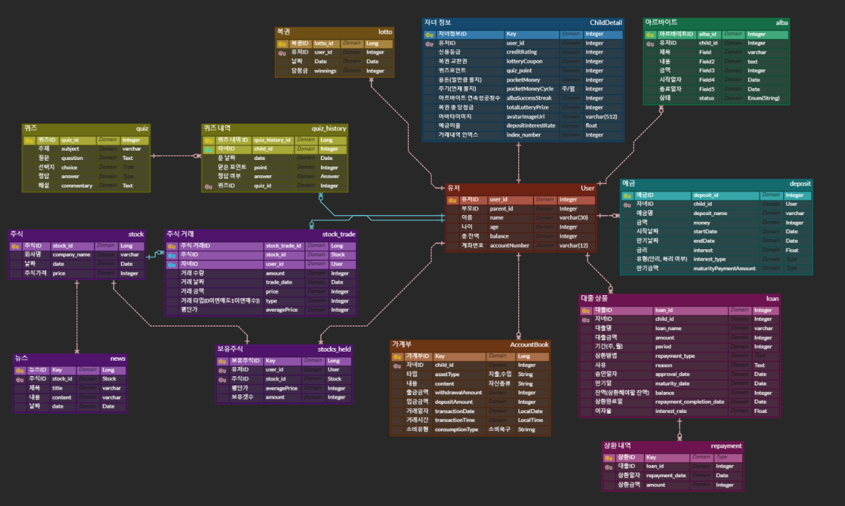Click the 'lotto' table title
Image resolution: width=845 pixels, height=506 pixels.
(385, 31)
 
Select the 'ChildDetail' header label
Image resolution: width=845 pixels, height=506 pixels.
(606, 23)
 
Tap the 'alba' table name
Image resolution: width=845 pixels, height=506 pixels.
(782, 23)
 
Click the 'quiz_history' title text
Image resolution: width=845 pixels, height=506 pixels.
(329, 129)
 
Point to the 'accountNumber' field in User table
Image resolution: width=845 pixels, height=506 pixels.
(510, 246)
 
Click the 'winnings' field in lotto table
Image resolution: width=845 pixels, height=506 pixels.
(326, 71)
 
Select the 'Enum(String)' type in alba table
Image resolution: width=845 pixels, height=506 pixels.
(763, 98)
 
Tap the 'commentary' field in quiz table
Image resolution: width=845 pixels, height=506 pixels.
(77, 186)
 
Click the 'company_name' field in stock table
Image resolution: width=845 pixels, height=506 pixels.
(72, 255)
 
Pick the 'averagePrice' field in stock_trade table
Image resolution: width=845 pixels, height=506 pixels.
(281, 310)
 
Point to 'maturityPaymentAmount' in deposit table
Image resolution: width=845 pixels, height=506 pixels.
(724, 268)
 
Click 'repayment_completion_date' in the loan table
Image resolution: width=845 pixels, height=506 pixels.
(689, 402)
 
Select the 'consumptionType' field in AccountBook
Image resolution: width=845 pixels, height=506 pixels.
(456, 429)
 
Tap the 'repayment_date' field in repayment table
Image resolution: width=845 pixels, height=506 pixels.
(666, 475)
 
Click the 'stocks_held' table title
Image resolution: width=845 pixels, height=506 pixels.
(334, 349)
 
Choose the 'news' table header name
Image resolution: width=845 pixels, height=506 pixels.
(118, 358)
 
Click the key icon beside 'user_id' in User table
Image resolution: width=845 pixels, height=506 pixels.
(453, 200)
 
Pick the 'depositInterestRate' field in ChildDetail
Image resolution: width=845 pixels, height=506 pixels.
(530, 126)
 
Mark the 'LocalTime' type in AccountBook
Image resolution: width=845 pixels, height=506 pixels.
(530, 420)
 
